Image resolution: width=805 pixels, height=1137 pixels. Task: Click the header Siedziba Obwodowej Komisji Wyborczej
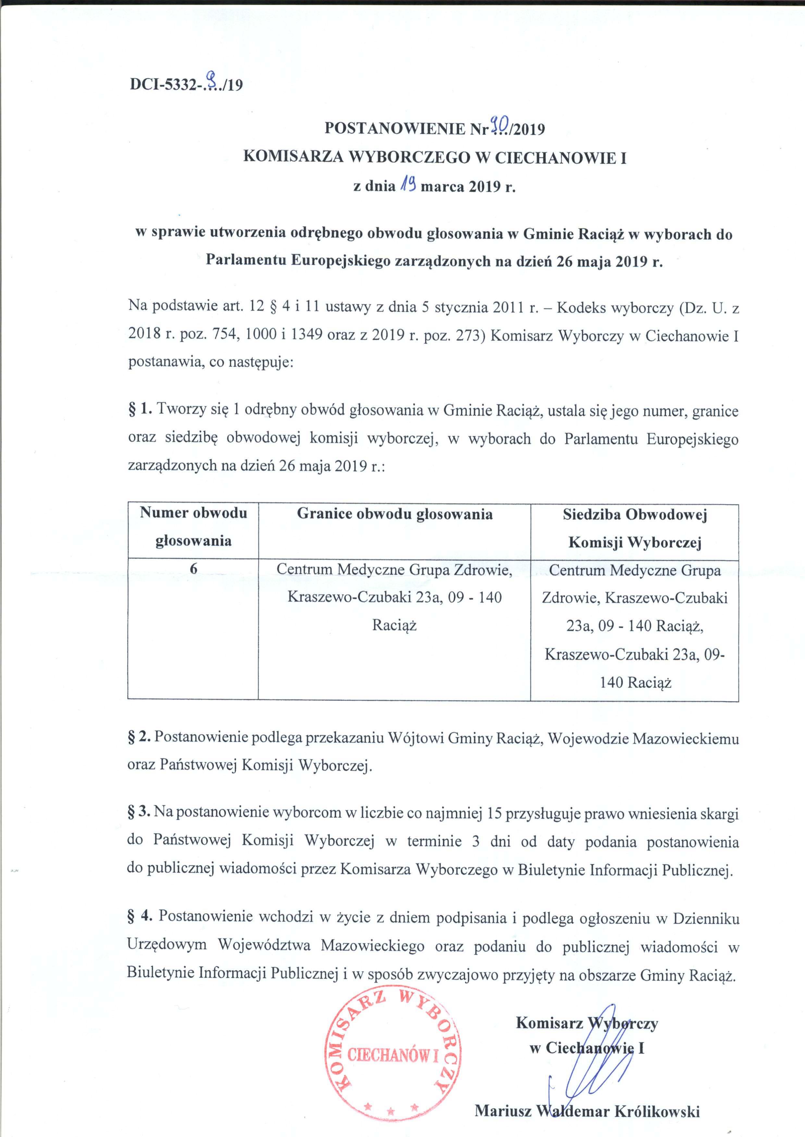pos(635,528)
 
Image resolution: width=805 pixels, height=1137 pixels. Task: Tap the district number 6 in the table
pos(193,569)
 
